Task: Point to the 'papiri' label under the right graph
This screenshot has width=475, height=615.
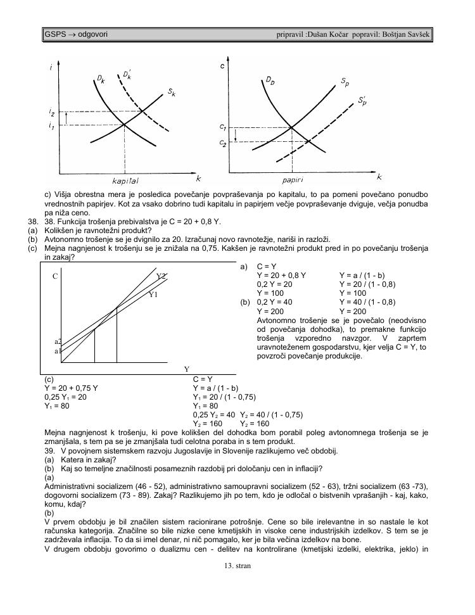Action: coord(292,180)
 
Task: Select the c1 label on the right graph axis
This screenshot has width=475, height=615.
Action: coord(222,127)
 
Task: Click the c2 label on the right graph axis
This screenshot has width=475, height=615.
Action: coord(222,143)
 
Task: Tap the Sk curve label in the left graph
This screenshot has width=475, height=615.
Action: coord(172,92)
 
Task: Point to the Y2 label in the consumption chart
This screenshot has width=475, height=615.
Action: coord(161,276)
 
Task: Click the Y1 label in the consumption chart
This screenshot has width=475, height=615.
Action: coord(153,295)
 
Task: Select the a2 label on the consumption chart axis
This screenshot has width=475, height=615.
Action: coord(58,341)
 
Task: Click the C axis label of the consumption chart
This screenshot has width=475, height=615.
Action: coord(55,276)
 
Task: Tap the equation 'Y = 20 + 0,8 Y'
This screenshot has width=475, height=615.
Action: coord(281,276)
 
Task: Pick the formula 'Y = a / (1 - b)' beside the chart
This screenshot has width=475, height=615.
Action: coord(362,276)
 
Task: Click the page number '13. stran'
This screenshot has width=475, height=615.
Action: coord(237,566)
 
